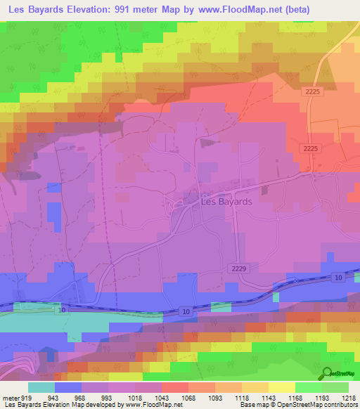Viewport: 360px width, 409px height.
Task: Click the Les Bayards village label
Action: click(x=226, y=201)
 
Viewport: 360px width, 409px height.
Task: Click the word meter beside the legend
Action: click(x=11, y=397)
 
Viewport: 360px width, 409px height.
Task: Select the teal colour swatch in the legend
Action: click(x=41, y=387)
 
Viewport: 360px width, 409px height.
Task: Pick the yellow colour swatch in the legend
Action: click(x=282, y=387)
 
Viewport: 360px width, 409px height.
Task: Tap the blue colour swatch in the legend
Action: click(x=68, y=387)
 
